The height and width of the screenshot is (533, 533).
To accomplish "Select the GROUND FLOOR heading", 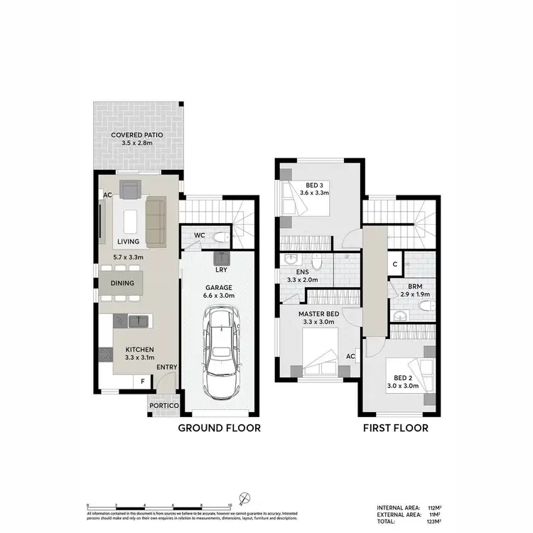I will point(219,428).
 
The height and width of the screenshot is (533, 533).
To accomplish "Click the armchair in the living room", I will point(130,190).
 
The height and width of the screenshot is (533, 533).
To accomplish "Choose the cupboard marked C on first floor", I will point(394,264).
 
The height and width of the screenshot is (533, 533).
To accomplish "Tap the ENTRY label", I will point(167,367).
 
